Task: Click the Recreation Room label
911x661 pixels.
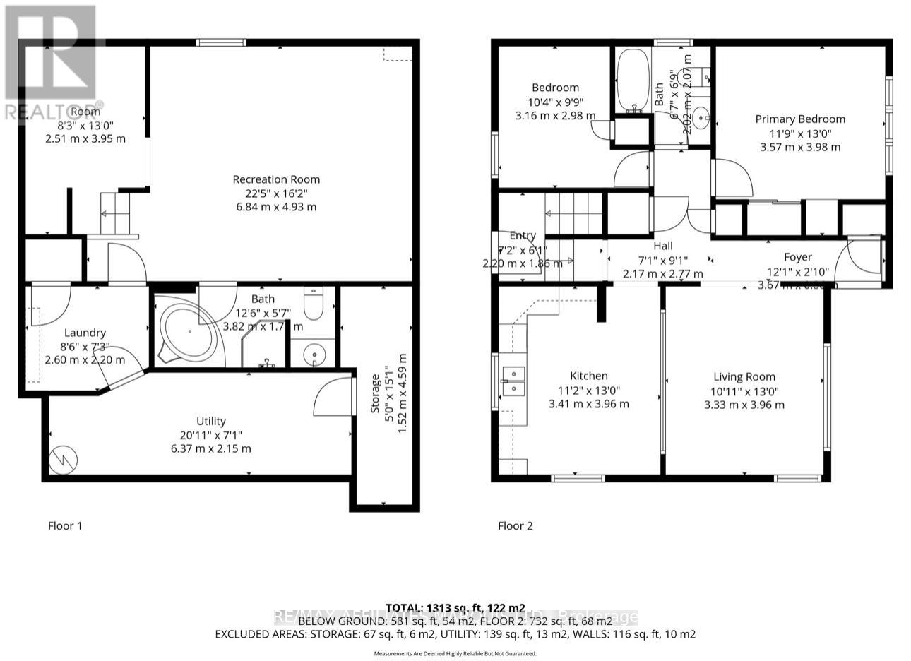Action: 277,179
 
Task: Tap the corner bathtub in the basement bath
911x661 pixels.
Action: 188,333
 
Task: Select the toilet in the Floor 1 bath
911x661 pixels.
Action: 312,305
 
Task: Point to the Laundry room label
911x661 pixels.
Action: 85,333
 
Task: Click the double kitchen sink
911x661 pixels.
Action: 513,380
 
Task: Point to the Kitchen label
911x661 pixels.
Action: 588,376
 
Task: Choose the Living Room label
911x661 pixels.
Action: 744,376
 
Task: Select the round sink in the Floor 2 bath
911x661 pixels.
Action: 701,116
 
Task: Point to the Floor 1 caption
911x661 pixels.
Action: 65,525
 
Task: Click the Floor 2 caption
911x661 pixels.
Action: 516,525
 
